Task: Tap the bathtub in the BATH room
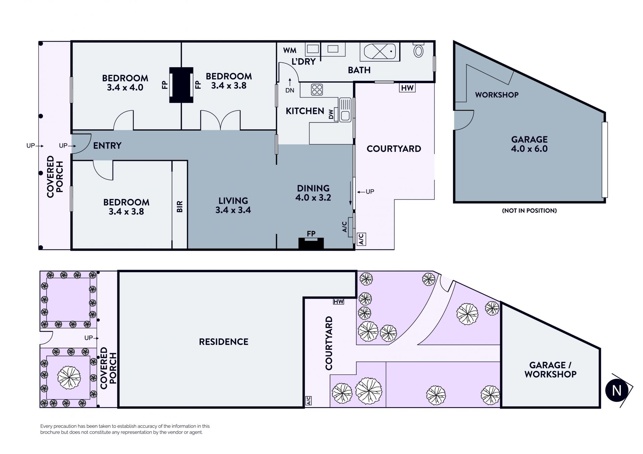(380, 52)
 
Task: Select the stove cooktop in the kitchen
(317, 90)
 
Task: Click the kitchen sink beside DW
(345, 109)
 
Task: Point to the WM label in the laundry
(290, 50)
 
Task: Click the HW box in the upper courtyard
(407, 88)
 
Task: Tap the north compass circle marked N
(617, 391)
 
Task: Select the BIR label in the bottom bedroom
(180, 206)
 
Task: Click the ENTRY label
(107, 145)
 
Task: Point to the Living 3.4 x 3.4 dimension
(233, 210)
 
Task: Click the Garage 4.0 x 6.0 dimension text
(529, 149)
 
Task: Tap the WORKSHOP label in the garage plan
(497, 95)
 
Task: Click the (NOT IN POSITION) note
(529, 211)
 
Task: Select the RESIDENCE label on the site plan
(224, 342)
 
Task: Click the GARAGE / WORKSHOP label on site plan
(551, 370)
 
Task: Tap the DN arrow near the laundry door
(290, 86)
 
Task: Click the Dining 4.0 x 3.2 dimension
(313, 198)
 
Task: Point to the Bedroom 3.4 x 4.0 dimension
(125, 87)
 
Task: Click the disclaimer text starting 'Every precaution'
(125, 429)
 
